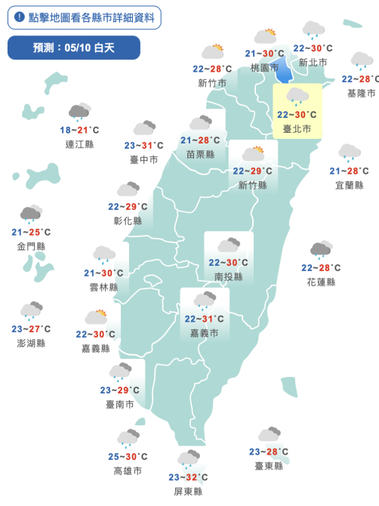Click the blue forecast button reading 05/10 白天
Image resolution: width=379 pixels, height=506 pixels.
point(74,48)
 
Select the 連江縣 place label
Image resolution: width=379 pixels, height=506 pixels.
point(79,144)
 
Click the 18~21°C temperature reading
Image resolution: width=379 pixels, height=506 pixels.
point(79,130)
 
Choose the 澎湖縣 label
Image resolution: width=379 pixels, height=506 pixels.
point(31,343)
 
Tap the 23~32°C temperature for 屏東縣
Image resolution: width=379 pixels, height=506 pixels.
point(188,477)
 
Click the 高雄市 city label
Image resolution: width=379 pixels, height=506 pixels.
point(128,471)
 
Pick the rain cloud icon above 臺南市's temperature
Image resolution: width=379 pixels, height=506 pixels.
point(120,372)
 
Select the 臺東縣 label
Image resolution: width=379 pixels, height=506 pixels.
point(269,466)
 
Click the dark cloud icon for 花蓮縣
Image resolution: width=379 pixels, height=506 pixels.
point(321,250)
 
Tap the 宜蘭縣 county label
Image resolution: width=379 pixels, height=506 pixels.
point(349,185)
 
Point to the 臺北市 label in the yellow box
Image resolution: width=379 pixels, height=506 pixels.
point(297,129)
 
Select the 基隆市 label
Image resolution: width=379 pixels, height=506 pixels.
point(361,93)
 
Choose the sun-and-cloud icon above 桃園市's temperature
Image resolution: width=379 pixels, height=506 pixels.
point(266,36)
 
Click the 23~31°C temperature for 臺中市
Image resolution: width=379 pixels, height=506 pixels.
point(143,145)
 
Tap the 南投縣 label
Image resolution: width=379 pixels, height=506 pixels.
point(229,276)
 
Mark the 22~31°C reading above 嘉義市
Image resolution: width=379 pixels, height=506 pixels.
point(205,319)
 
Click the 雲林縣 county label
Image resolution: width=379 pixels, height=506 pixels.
point(103,287)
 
